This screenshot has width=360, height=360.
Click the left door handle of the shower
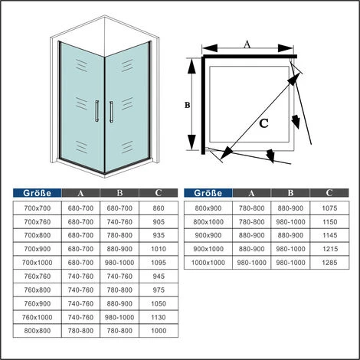pyautogui.click(x=97, y=111)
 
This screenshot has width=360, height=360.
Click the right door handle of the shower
pyautogui.click(x=111, y=112)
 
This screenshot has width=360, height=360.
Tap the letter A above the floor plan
pyautogui.click(x=247, y=44)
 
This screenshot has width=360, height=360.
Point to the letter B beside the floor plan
pyautogui.click(x=188, y=105)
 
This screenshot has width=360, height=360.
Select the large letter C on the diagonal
pyautogui.click(x=263, y=123)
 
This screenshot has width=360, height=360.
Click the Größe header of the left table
pyautogui.click(x=38, y=193)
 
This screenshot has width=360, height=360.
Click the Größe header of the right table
pyautogui.click(x=208, y=193)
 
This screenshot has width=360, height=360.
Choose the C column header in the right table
pyautogui.click(x=329, y=193)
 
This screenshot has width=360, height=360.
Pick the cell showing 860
pyautogui.click(x=159, y=208)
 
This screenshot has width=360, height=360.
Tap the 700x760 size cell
pyautogui.click(x=38, y=222)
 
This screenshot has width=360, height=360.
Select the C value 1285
pyautogui.click(x=329, y=263)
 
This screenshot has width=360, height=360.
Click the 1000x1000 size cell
pyautogui.click(x=208, y=263)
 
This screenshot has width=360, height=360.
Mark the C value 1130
pyautogui.click(x=159, y=317)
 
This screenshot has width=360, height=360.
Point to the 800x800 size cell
pyautogui.click(x=38, y=331)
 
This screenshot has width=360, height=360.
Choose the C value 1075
pyautogui.click(x=329, y=208)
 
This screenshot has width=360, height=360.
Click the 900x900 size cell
pyautogui.click(x=208, y=235)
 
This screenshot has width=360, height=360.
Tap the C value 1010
pyautogui.click(x=159, y=249)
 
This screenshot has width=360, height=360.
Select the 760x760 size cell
pyautogui.click(x=38, y=277)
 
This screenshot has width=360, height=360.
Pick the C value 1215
pyautogui.click(x=329, y=249)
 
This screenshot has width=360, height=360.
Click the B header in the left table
pyautogui.click(x=119, y=193)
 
